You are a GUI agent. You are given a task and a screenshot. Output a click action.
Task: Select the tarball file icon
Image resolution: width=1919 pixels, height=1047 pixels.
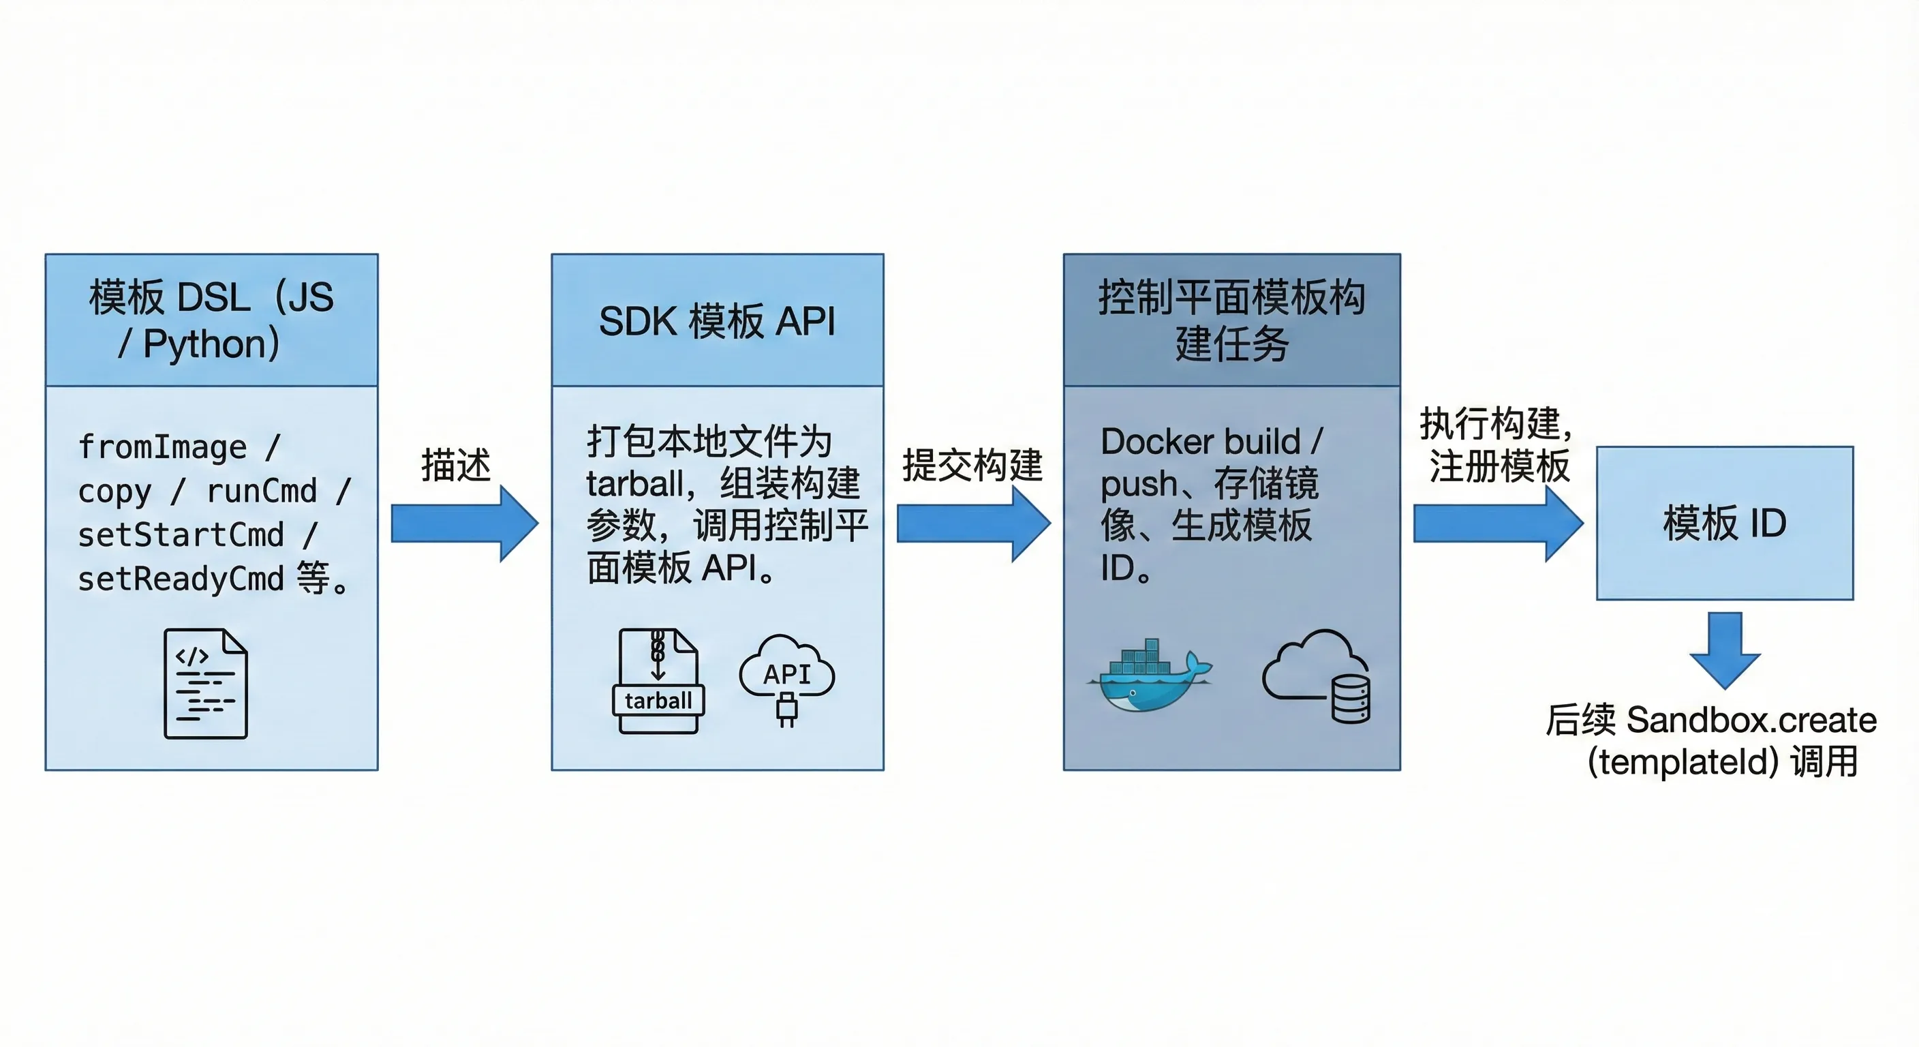point(658,681)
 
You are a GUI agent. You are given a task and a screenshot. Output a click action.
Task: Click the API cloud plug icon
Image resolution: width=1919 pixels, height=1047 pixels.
point(786,677)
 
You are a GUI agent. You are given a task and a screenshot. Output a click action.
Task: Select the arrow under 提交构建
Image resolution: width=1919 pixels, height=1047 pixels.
point(973,523)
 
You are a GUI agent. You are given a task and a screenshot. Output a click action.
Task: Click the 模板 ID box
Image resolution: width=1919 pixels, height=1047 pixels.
point(1725,523)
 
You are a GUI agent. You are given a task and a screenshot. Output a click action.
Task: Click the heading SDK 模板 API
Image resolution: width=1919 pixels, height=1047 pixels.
point(717,322)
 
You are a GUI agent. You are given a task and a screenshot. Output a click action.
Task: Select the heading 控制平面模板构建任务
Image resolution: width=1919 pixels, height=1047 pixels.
point(1231,320)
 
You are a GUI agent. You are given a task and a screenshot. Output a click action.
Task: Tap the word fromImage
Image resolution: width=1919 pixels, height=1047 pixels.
point(162,447)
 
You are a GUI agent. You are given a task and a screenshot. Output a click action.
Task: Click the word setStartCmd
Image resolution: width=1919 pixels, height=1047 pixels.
point(181,535)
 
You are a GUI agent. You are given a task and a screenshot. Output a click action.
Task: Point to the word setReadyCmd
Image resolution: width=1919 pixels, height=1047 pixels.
point(181,579)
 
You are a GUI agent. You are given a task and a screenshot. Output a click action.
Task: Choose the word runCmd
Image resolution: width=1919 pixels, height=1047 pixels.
point(262,491)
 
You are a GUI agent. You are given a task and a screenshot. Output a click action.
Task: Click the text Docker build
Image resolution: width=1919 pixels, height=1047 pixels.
point(1200,441)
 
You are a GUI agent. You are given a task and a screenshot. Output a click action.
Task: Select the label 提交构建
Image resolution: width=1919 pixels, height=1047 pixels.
point(972,465)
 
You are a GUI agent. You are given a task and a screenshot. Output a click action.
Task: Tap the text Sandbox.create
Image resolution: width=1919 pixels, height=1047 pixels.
point(1751,720)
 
